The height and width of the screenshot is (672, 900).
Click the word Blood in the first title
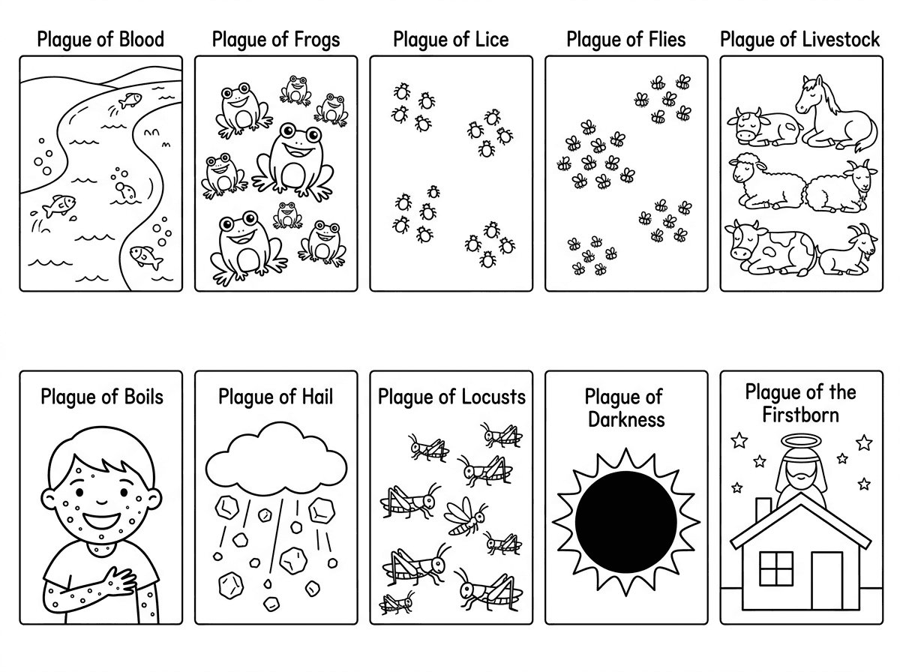pyautogui.click(x=140, y=39)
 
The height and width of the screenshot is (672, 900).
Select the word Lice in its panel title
pyautogui.click(x=490, y=39)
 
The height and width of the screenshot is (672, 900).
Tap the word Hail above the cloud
pyautogui.click(x=316, y=396)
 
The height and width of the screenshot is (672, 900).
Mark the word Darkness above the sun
pyautogui.click(x=626, y=418)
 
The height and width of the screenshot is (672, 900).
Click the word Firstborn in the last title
pyautogui.click(x=800, y=414)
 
